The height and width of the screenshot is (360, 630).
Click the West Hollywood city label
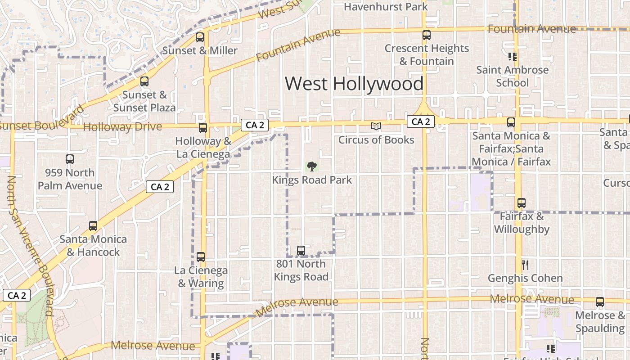point(354,84)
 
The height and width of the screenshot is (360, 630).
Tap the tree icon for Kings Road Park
point(311,166)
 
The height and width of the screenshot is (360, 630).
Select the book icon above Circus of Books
point(376,126)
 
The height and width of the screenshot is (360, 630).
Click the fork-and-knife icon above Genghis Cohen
point(525,265)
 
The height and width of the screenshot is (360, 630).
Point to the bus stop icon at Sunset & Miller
point(200,37)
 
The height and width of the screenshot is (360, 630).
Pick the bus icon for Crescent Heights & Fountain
point(426,35)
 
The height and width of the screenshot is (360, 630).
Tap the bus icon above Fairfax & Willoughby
point(521,203)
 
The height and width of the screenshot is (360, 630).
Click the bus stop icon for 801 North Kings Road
point(301,250)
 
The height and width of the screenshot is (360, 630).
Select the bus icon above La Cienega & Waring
point(201,257)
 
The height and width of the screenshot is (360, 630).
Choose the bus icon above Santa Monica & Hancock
point(93,226)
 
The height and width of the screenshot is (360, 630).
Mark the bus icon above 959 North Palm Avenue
point(70,159)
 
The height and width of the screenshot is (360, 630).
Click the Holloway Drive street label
point(122,127)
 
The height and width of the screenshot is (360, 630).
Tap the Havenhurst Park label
point(386,7)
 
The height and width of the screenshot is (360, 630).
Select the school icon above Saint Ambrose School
point(512,57)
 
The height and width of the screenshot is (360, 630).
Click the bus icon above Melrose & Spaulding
point(600,302)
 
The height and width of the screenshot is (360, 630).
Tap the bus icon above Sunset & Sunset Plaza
point(144,81)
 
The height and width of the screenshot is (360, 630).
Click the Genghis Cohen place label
point(525,278)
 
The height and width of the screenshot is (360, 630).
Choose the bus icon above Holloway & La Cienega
point(203,128)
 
